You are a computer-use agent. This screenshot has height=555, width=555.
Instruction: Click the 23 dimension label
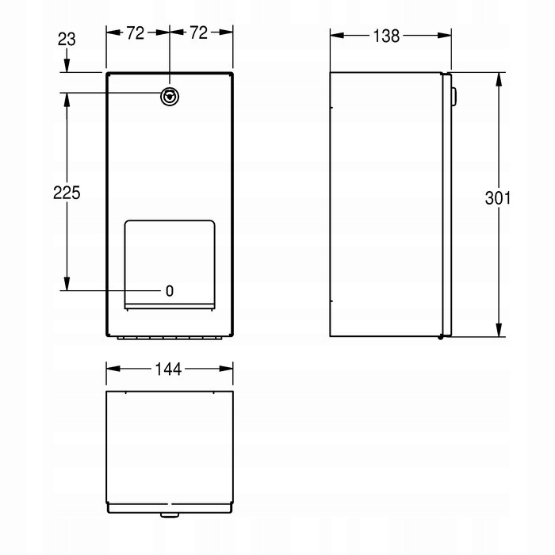pyautogui.click(x=67, y=40)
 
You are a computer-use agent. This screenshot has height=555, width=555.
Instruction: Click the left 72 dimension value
pyautogui.click(x=136, y=33)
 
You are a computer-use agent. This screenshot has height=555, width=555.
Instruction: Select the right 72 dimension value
pyautogui.click(x=198, y=33)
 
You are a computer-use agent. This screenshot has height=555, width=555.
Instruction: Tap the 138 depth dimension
pyautogui.click(x=386, y=36)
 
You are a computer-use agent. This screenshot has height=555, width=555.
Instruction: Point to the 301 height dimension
pyautogui.click(x=498, y=198)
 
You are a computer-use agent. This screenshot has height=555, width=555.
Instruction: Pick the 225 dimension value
pyautogui.click(x=67, y=193)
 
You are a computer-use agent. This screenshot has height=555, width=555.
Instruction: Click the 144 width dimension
pyautogui.click(x=168, y=369)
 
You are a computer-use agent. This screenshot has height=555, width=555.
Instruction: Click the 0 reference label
pyautogui.click(x=170, y=291)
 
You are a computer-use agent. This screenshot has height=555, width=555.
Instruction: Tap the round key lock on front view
pyautogui.click(x=170, y=97)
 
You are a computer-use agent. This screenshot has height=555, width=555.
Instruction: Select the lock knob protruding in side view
pyautogui.click(x=454, y=96)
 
